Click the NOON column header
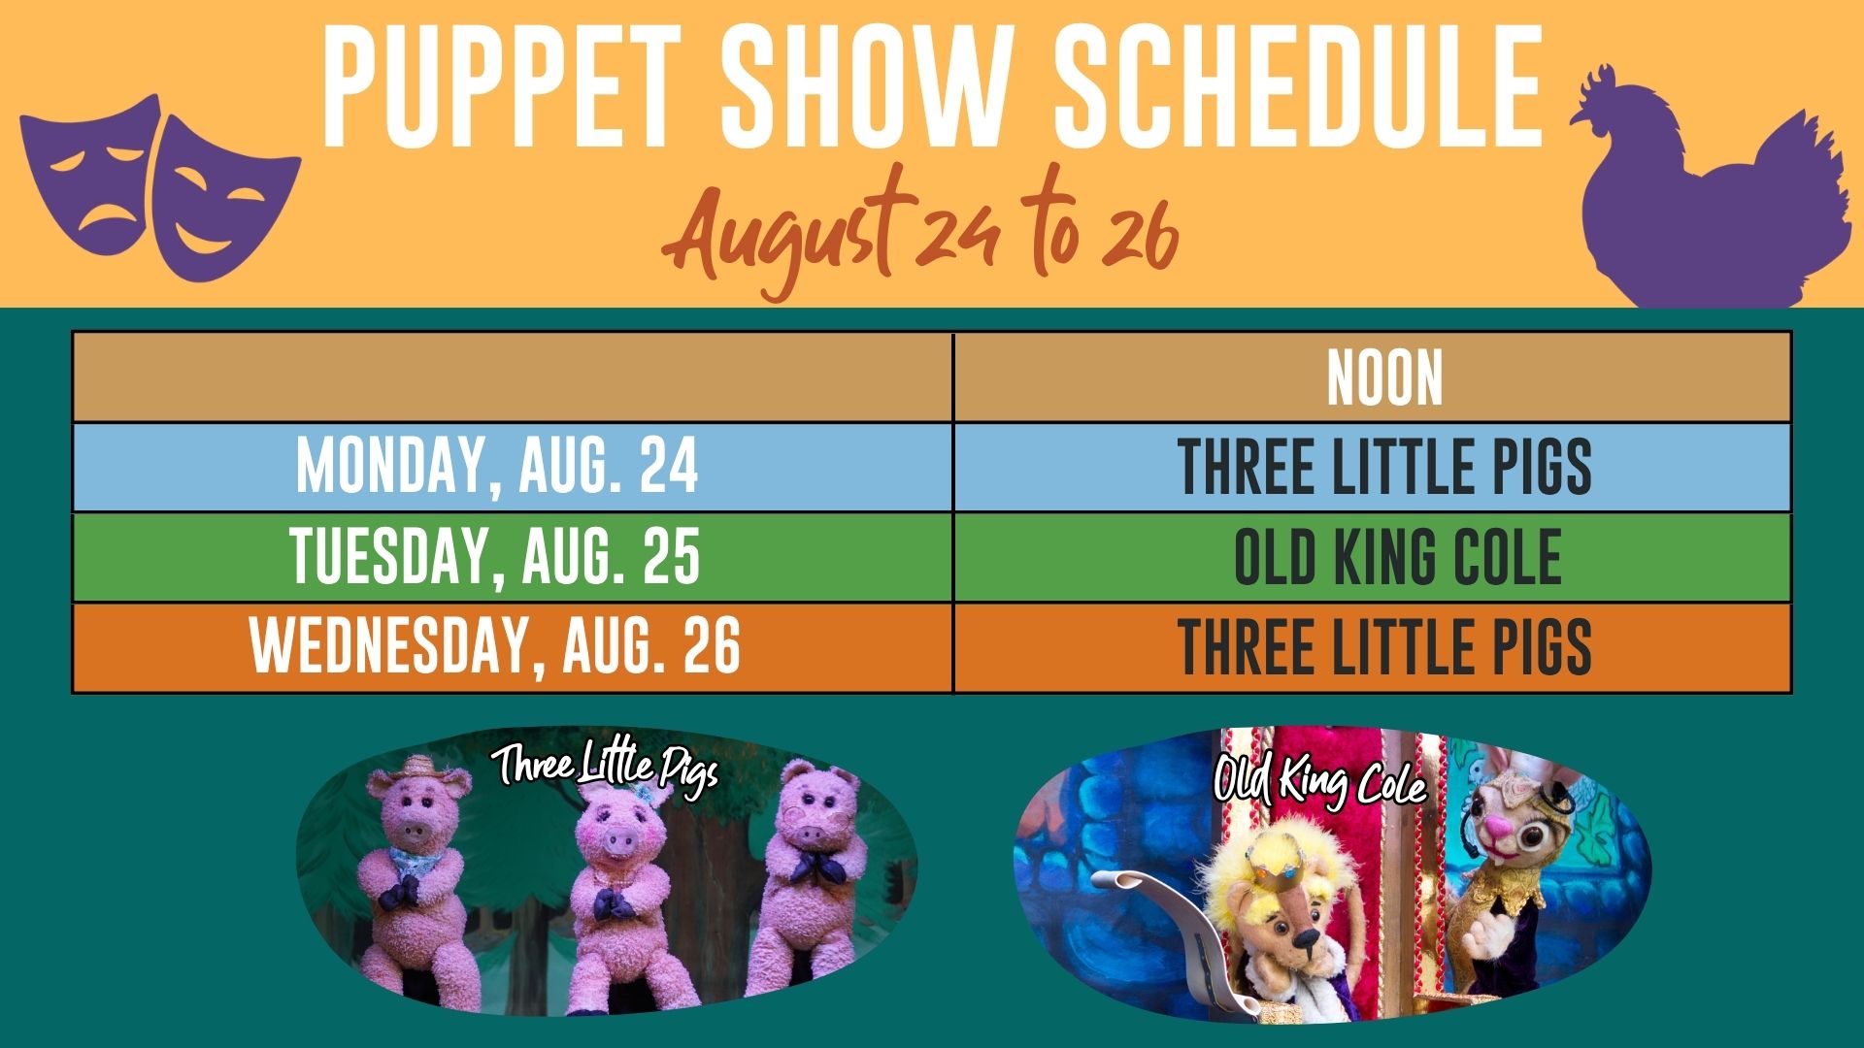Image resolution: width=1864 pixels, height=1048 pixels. (x=1384, y=378)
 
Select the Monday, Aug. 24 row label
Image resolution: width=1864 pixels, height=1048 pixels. (x=497, y=467)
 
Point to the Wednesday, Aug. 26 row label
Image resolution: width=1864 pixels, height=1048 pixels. (x=495, y=646)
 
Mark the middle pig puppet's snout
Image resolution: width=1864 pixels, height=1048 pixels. (x=617, y=842)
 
